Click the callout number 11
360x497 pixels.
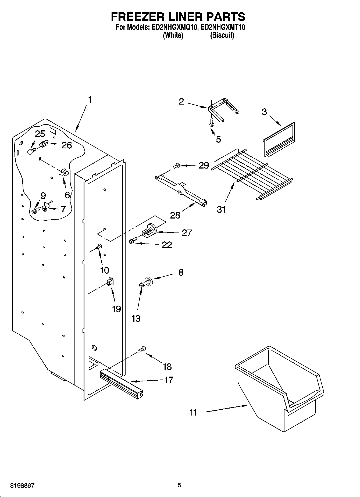tap(193, 412)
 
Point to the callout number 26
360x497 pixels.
tap(67, 145)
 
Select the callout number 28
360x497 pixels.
tap(175, 215)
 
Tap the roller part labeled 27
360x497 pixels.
tap(148, 231)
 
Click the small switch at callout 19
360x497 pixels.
tap(110, 281)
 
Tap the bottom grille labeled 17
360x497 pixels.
tap(121, 383)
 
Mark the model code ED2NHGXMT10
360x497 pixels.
tap(223, 27)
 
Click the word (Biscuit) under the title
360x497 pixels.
tap(222, 35)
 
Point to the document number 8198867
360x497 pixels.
tap(23, 485)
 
